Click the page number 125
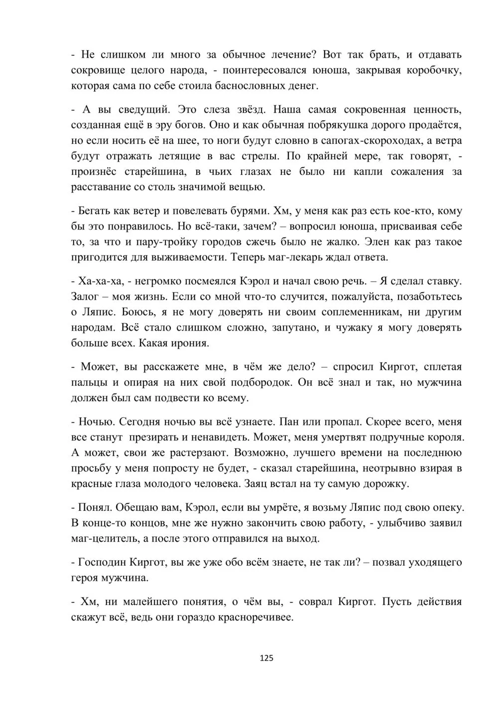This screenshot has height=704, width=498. coord(266,658)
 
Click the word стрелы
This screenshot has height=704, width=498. coord(254,156)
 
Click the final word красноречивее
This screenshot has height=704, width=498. coord(254,617)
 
